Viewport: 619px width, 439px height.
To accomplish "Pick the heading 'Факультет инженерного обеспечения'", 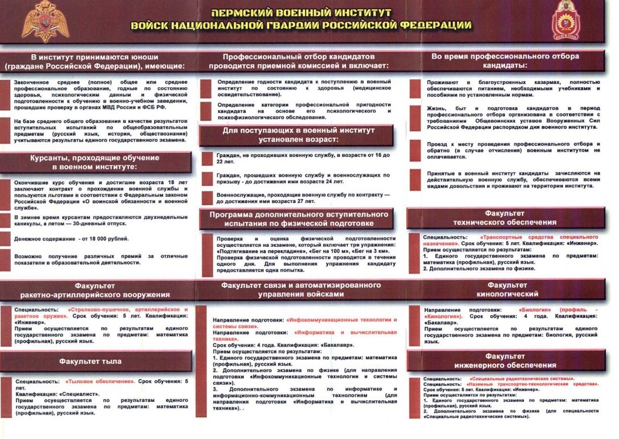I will (x=504, y=360).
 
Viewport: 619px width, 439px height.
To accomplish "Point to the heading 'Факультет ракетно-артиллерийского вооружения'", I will (x=95, y=290).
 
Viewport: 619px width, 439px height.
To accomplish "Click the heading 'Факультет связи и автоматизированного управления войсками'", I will (x=300, y=289).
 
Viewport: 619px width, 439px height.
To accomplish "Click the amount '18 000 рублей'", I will (x=108, y=238).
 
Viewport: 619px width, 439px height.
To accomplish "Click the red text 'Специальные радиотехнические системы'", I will (x=521, y=379).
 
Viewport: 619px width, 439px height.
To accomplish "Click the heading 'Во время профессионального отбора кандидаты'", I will (x=505, y=60).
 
